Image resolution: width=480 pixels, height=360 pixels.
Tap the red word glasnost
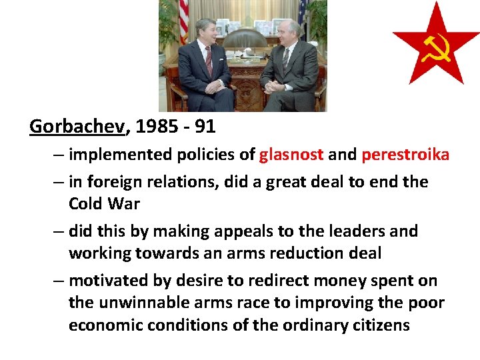291,155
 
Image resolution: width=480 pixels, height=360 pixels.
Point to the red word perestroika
405,155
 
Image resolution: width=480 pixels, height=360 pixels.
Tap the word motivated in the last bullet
107,281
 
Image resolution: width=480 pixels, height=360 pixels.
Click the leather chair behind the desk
243,40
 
